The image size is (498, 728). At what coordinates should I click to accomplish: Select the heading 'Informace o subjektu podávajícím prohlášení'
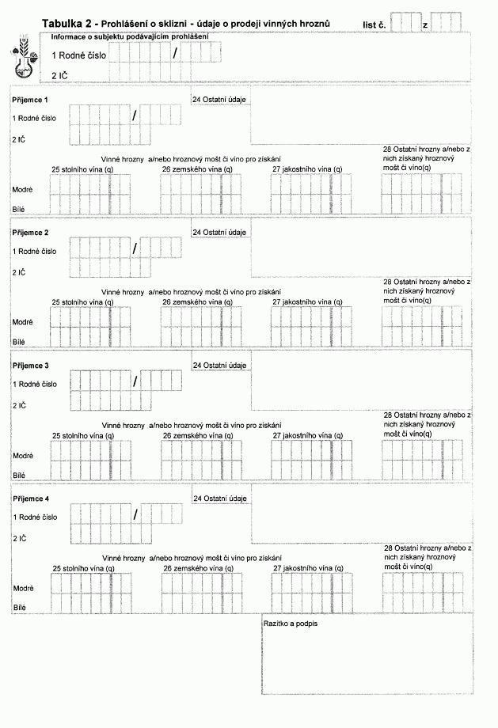(x=129, y=37)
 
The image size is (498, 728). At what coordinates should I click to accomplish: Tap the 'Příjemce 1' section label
(x=31, y=100)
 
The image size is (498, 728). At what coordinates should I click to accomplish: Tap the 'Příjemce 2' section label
(x=31, y=233)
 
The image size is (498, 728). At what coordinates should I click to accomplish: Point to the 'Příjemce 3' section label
(x=31, y=366)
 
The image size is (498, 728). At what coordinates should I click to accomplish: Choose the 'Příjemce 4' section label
(x=31, y=499)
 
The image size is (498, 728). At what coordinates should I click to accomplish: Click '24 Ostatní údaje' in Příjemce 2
(x=220, y=233)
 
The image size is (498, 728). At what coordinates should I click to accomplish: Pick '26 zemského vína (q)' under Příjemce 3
(x=197, y=435)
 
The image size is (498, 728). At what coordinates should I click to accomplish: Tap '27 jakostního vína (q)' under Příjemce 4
(x=307, y=568)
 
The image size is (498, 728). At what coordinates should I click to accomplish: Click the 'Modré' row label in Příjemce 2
(x=22, y=323)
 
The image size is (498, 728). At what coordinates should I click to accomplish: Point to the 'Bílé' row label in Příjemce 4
(x=19, y=607)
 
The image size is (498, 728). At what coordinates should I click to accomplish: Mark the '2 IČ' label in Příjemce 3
(x=19, y=405)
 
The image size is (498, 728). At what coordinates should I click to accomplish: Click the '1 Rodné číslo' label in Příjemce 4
(x=35, y=517)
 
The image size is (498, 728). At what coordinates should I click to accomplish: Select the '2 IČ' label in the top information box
(x=59, y=75)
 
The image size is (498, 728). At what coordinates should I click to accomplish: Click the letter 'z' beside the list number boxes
(x=425, y=26)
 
